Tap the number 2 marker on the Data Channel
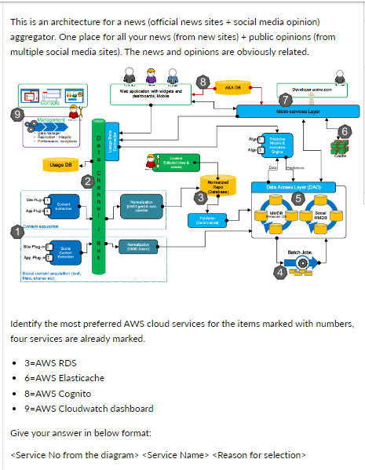coord(87,182)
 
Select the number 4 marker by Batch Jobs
coord(279,272)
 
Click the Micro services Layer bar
coord(293,112)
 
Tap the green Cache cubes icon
coord(339,146)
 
